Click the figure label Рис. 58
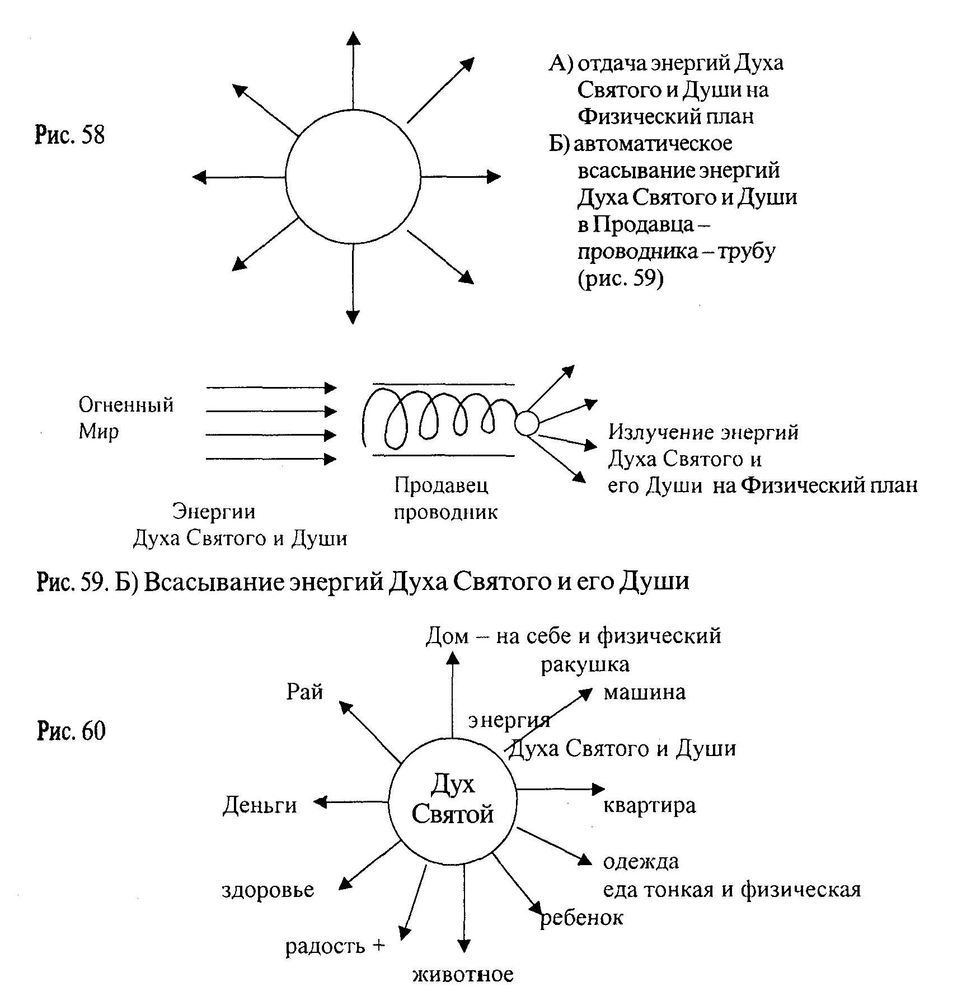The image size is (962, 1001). click(71, 135)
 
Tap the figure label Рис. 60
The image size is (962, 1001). click(71, 731)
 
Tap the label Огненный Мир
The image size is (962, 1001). click(126, 418)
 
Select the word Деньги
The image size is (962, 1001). click(260, 806)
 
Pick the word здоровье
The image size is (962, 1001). click(268, 890)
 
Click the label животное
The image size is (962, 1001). click(463, 975)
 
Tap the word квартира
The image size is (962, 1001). click(649, 806)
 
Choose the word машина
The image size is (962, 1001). click(644, 693)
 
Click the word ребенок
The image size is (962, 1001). click(581, 918)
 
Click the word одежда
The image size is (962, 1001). click(641, 862)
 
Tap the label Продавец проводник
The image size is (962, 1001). click(445, 498)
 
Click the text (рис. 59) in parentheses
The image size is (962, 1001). click(620, 278)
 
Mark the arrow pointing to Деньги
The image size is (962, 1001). click(351, 802)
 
